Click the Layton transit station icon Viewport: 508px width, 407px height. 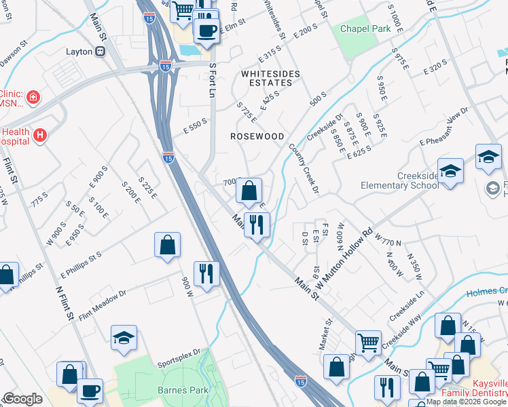coord(101,51)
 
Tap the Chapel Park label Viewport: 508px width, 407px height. coord(355,29)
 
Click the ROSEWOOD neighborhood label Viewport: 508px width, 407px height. coord(257,136)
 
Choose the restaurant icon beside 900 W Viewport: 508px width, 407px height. coord(206,273)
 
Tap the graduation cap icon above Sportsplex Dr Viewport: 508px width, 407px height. coord(124,337)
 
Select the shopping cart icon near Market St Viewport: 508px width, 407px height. coord(368,343)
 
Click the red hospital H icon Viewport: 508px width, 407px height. coord(41,136)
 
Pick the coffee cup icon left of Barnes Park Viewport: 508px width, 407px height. coord(90,390)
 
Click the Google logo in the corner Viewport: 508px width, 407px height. coord(22,399)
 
